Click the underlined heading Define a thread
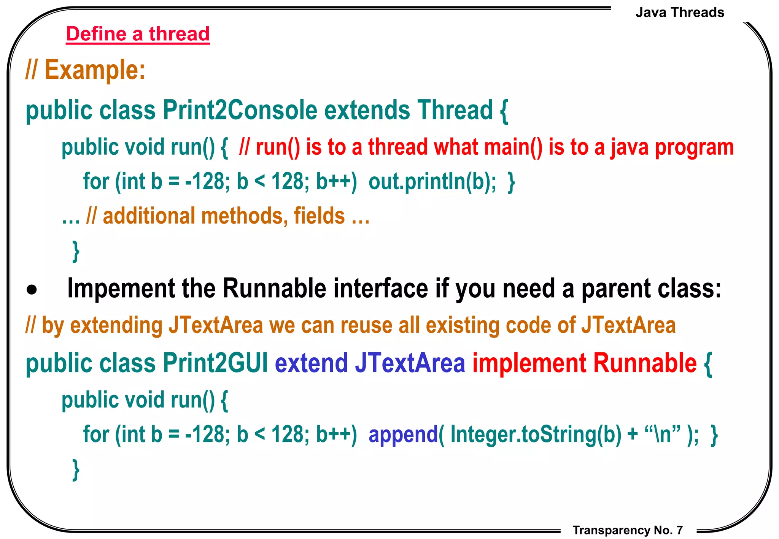pyautogui.click(x=138, y=34)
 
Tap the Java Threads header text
pyautogui.click(x=680, y=13)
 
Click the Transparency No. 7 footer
pyautogui.click(x=628, y=530)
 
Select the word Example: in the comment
pyautogui.click(x=95, y=70)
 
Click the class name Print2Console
pyautogui.click(x=240, y=110)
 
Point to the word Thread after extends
pyautogui.click(x=455, y=110)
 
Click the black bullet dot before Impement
pyautogui.click(x=32, y=290)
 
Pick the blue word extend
pyautogui.click(x=312, y=363)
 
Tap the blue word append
pyautogui.click(x=403, y=434)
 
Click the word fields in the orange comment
pyautogui.click(x=319, y=216)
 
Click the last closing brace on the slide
pyautogui.click(x=76, y=470)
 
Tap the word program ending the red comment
pyautogui.click(x=694, y=148)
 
